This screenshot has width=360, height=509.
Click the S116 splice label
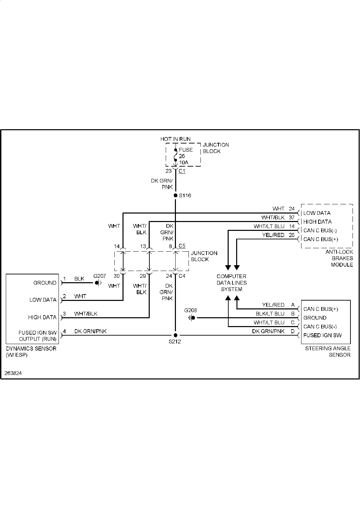185,196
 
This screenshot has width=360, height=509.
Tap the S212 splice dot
175,335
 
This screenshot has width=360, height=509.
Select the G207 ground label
100,276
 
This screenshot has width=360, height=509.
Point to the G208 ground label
191,310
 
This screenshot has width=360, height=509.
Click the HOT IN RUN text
176,139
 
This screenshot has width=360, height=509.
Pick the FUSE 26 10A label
186,156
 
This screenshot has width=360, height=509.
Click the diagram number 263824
13,373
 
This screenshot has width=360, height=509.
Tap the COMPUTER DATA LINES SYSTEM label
232,283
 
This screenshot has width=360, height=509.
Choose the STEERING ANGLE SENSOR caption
328,352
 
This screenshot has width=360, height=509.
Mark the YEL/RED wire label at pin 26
273,235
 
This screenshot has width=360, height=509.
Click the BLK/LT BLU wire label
270,313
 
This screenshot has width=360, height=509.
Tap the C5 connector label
182,245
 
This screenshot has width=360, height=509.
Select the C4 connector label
182,276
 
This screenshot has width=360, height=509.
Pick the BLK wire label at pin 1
79,279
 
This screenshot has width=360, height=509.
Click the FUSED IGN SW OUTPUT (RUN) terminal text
37,336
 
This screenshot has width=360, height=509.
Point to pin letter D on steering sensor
293,331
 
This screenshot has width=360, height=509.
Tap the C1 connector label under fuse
182,171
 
